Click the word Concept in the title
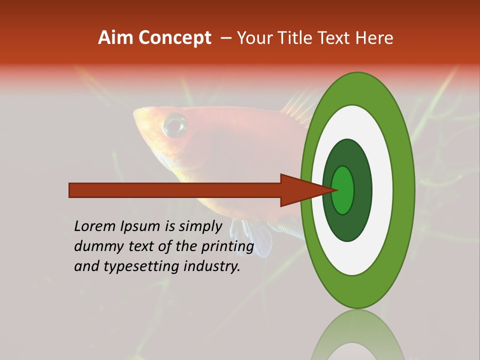(175, 37)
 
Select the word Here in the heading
(374, 37)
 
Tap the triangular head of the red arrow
(300, 190)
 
